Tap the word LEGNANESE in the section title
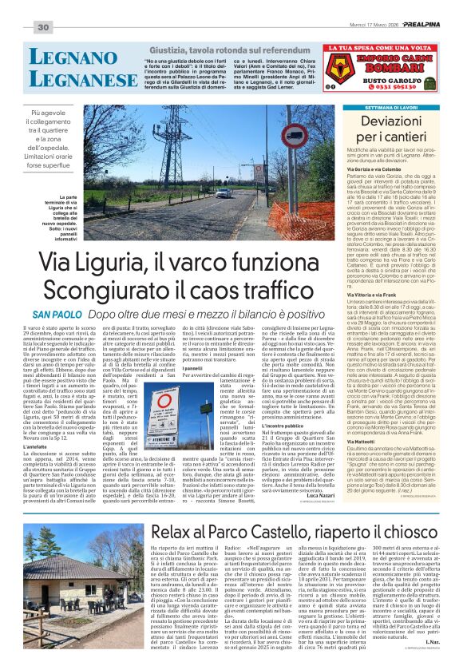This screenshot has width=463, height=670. (64, 79)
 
